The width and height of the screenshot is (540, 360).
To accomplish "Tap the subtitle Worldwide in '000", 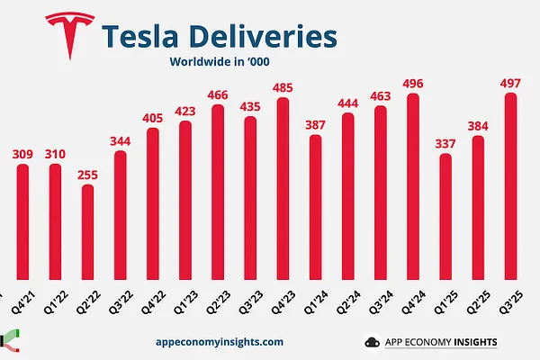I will [x=220, y=63].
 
